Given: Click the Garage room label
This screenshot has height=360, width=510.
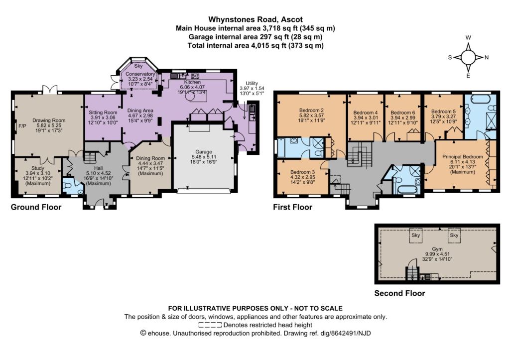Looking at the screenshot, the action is (x=204, y=151).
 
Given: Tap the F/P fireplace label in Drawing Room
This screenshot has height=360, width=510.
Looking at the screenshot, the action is (x=22, y=125).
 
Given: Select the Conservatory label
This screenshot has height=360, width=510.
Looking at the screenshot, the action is (x=140, y=74).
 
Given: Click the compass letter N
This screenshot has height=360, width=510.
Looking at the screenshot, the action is (x=487, y=58).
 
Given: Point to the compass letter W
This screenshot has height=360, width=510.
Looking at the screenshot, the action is (x=468, y=38).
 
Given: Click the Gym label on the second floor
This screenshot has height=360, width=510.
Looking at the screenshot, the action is (x=437, y=249).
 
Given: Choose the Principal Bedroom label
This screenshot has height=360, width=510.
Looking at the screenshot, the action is (x=463, y=157).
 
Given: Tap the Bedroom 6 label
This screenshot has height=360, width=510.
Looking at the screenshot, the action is (x=402, y=113).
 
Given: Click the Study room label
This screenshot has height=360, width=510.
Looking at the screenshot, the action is (x=38, y=168).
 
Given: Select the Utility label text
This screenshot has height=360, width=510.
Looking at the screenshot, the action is (x=252, y=83).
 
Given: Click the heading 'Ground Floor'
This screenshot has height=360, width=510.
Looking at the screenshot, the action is (x=36, y=207).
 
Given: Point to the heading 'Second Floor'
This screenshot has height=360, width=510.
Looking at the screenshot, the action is (x=400, y=293).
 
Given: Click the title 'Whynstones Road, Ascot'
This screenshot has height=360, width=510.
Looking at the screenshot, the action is (x=255, y=19).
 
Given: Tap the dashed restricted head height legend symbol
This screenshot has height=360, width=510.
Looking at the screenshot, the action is (x=210, y=325).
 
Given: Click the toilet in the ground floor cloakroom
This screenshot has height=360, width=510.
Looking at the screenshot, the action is (x=67, y=185).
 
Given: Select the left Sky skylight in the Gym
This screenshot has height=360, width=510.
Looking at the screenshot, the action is (x=416, y=235).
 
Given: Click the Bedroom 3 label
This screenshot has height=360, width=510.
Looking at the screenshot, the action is (x=302, y=172).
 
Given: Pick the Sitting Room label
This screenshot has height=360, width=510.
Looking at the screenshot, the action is (x=103, y=113).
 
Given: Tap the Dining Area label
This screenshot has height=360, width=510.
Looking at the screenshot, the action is (x=140, y=111).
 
